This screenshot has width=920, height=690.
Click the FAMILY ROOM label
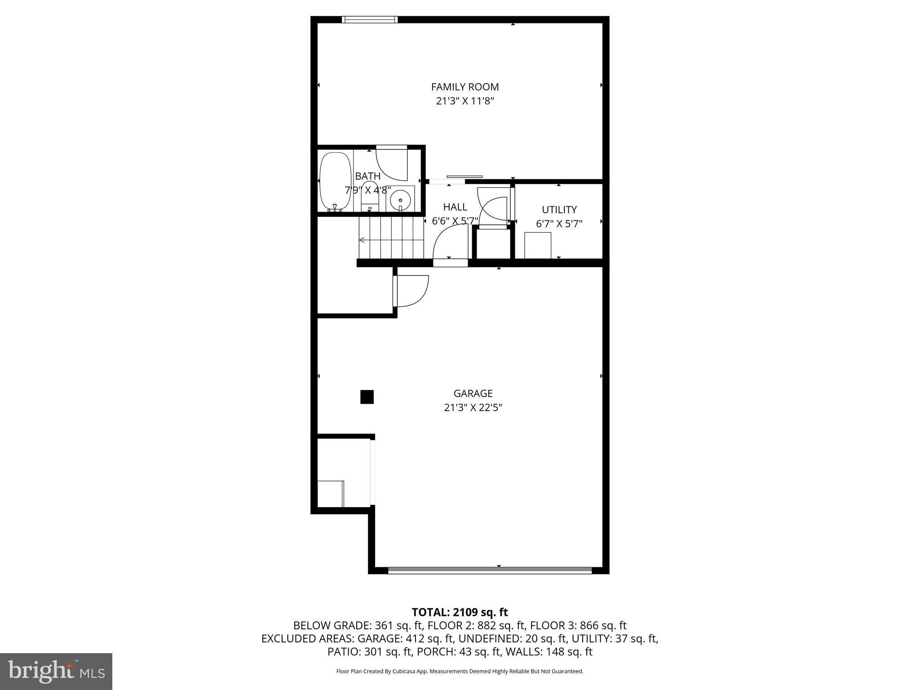pos(465,87)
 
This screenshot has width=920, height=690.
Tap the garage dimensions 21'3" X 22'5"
pos(473,407)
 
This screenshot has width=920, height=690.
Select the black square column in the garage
pos(367,397)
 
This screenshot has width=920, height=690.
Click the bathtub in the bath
pos(335,181)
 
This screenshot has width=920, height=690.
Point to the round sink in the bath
pos(400,198)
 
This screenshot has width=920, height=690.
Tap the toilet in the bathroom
pos(370,198)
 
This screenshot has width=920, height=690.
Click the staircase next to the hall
pos(391,238)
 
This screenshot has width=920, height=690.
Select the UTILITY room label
pos(559,210)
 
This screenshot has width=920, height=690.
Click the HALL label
pos(455,207)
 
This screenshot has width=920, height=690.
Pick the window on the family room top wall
pos(370,19)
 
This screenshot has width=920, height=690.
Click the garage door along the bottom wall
pos(490,571)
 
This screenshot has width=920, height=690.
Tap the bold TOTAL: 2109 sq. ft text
pos(460,612)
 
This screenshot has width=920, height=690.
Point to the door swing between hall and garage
pos(449,243)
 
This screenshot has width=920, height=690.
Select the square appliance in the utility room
pos(538,245)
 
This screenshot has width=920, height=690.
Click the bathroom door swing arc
pos(392,164)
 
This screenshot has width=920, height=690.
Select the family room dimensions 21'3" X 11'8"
pos(465,101)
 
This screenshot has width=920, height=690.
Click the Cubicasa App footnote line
pos(460,671)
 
